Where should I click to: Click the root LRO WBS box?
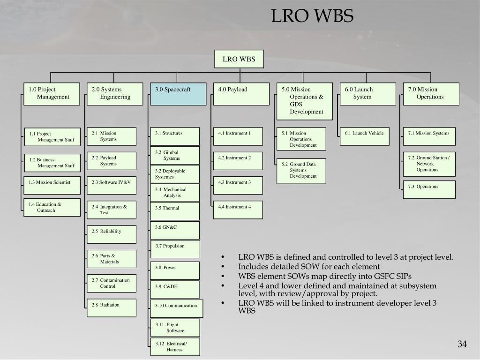click(239, 59)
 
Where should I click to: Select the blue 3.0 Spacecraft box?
click(178, 94)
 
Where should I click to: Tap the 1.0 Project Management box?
click(52, 94)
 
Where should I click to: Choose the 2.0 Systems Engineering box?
click(114, 94)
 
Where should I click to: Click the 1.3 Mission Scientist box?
click(52, 185)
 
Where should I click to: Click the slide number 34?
click(462, 345)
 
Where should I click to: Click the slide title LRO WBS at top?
click(312, 16)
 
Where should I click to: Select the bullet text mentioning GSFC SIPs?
click(325, 276)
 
